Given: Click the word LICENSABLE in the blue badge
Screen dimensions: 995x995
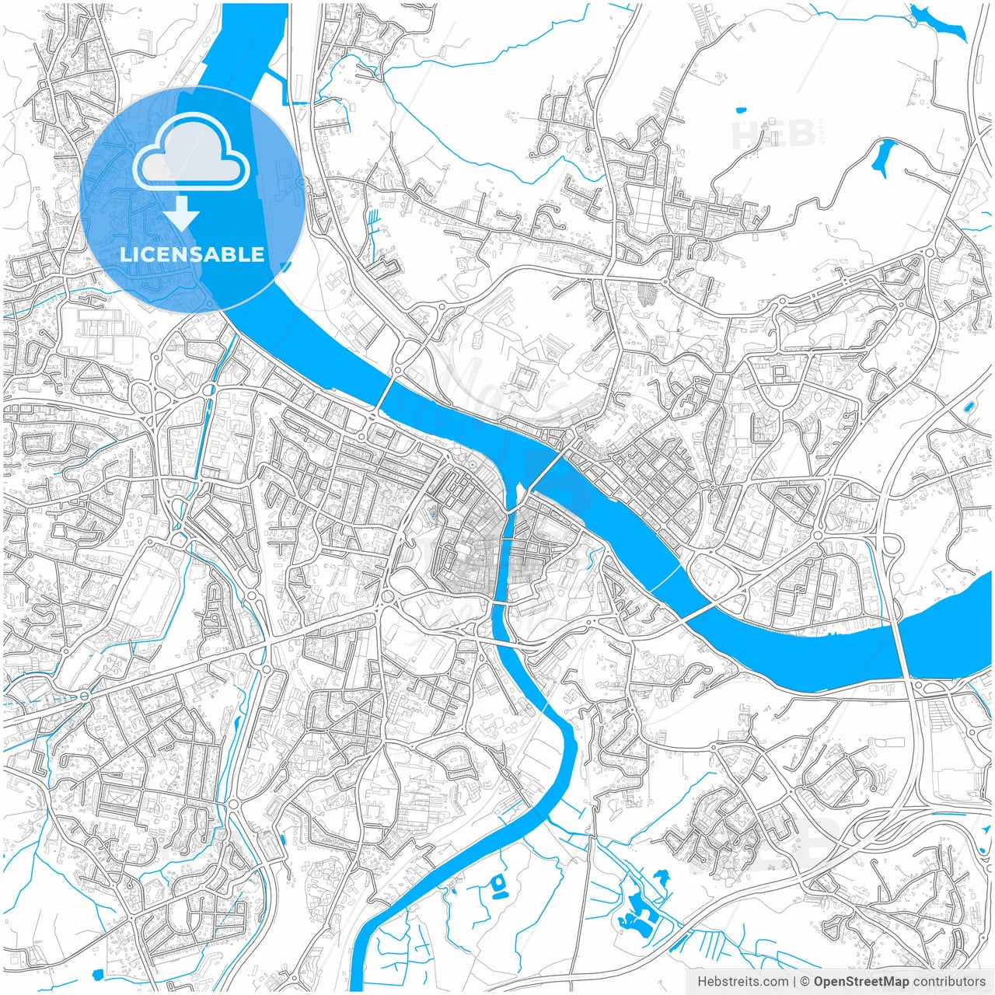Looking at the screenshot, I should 192,254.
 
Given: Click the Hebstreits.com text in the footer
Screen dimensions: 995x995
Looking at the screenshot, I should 742,982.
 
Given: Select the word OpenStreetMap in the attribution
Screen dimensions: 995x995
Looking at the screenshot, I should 861,982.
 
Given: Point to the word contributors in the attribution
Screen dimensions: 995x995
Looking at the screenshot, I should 949,982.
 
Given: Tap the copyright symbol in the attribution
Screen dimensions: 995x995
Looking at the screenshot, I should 805,982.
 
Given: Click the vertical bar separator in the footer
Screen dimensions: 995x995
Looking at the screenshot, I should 794,982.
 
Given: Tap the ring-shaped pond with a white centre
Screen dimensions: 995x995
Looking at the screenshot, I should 497,882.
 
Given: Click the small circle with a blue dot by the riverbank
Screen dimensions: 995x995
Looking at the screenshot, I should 471,464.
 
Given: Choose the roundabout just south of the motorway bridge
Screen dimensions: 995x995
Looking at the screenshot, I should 917,687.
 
